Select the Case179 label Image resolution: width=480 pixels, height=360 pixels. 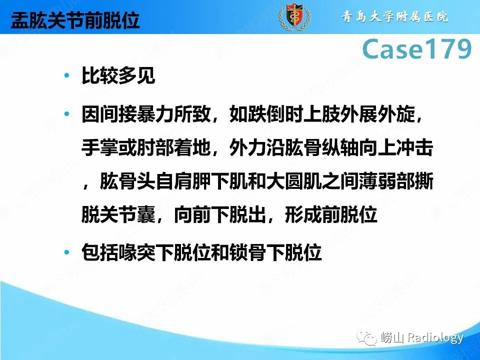click(416, 49)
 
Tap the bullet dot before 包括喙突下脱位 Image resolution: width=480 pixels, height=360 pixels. click(67, 253)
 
